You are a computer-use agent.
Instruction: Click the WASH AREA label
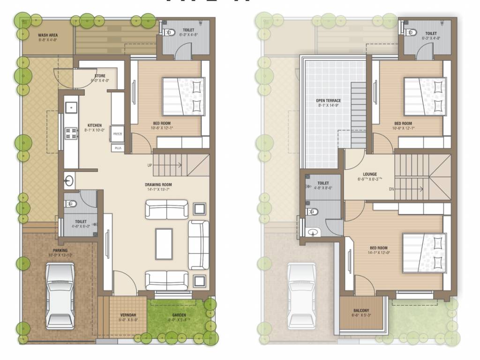click(47, 35)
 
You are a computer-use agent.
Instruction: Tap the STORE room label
click(100, 75)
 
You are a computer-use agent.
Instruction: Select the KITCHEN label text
click(94, 126)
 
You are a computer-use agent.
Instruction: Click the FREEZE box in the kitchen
click(117, 134)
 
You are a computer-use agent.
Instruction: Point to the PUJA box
click(117, 148)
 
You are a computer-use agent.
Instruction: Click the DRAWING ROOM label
click(158, 185)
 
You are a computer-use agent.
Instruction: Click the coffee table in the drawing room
click(164, 243)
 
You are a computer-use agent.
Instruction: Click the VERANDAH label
click(127, 315)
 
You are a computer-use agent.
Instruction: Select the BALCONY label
click(361, 310)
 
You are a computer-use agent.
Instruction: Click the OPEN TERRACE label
click(328, 100)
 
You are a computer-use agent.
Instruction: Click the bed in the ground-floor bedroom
click(184, 96)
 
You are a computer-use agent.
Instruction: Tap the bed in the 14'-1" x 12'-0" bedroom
click(422, 253)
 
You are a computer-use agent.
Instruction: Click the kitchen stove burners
click(71, 134)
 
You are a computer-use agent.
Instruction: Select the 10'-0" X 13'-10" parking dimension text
click(60, 255)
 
